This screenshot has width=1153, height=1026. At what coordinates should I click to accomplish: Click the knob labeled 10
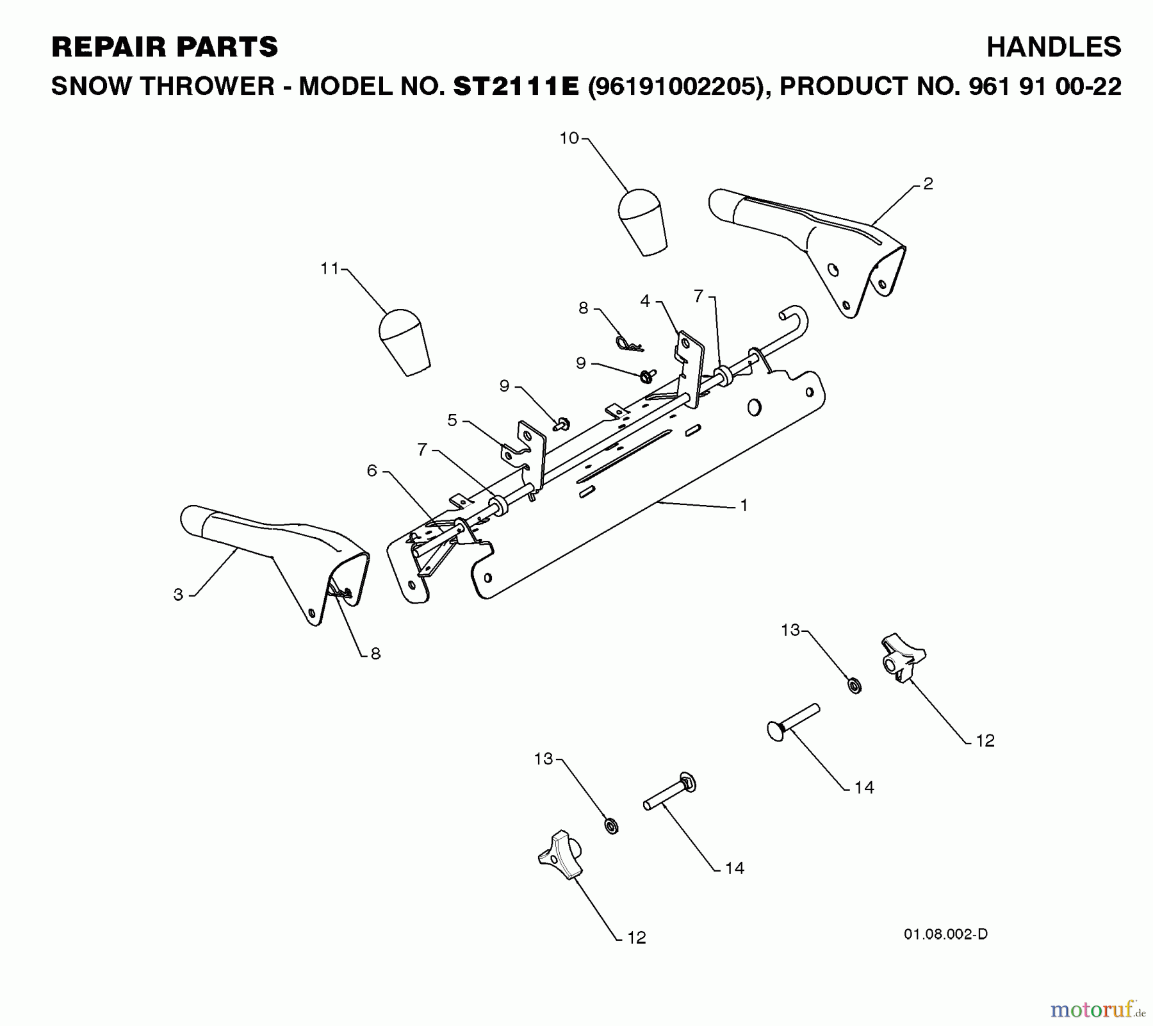click(x=642, y=221)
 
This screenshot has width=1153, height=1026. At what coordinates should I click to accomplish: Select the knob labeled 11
click(x=404, y=342)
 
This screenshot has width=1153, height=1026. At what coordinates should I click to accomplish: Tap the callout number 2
click(x=928, y=184)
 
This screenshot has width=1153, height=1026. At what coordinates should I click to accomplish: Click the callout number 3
click(x=178, y=594)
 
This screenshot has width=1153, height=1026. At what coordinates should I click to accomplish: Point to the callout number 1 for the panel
click(x=744, y=505)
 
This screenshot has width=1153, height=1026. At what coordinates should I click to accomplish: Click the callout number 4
click(x=645, y=301)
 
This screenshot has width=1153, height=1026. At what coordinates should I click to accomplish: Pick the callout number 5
click(x=452, y=420)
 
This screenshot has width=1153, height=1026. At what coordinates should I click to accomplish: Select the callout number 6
click(x=372, y=470)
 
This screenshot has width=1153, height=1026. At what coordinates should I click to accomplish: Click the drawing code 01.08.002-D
click(x=945, y=934)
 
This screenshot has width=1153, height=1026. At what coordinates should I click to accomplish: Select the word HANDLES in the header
click(x=1054, y=47)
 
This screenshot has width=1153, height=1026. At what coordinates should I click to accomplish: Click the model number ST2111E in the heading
click(x=516, y=86)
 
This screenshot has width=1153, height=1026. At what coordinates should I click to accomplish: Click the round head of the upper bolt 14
click(x=776, y=731)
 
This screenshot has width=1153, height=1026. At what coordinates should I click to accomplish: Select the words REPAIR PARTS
click(x=165, y=47)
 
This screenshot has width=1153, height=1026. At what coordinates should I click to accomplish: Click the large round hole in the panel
click(x=753, y=406)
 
